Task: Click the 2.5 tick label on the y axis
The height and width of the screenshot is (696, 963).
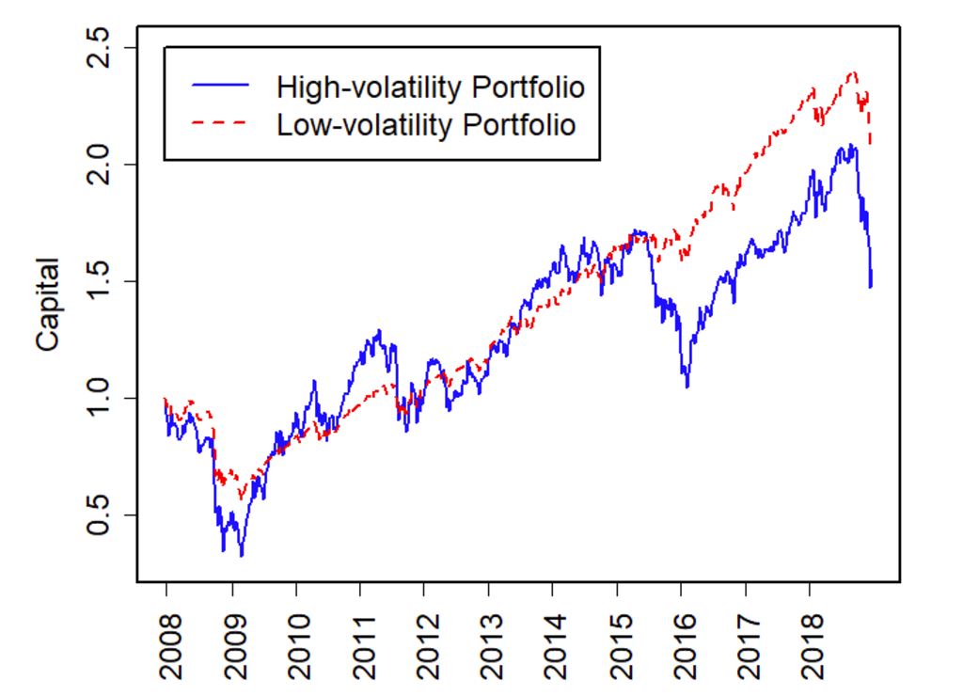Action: (x=98, y=48)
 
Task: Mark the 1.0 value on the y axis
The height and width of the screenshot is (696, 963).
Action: (x=98, y=398)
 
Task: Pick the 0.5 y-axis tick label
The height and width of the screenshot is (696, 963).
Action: (x=98, y=514)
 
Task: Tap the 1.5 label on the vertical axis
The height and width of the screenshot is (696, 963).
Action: (x=98, y=281)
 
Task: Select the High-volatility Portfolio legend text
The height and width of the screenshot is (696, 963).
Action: (x=431, y=87)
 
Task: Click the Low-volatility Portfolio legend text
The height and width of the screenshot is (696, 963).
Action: (x=425, y=124)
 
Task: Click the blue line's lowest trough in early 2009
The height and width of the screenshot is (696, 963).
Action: (x=242, y=556)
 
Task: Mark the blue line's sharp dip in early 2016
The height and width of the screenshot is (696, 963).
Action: (x=687, y=387)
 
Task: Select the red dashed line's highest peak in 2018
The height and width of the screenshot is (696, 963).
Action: (x=853, y=71)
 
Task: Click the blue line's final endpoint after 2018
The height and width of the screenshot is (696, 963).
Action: (x=871, y=287)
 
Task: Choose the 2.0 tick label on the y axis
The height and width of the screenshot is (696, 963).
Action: (x=98, y=165)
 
